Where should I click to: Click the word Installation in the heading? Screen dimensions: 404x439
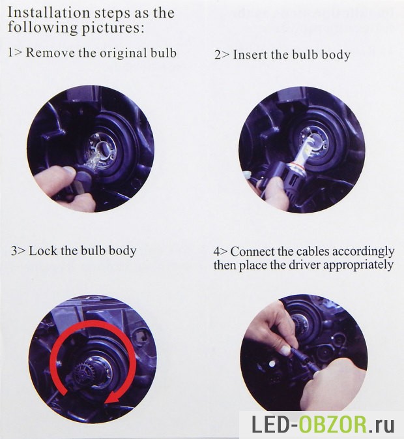coord(48,12)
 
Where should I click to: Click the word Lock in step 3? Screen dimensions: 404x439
coord(43,250)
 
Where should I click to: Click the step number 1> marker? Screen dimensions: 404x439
coord(14,53)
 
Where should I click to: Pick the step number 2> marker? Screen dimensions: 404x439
coord(222,55)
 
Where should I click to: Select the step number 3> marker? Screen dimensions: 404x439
coord(19,250)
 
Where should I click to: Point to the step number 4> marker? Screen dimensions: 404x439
coord(221,251)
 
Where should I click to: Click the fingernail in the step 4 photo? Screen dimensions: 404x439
coord(285,349)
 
